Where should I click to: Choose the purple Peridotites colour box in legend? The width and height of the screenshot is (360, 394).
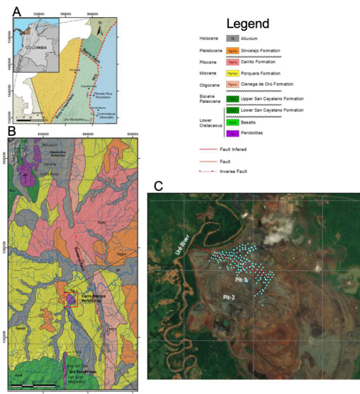pos(233,133)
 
